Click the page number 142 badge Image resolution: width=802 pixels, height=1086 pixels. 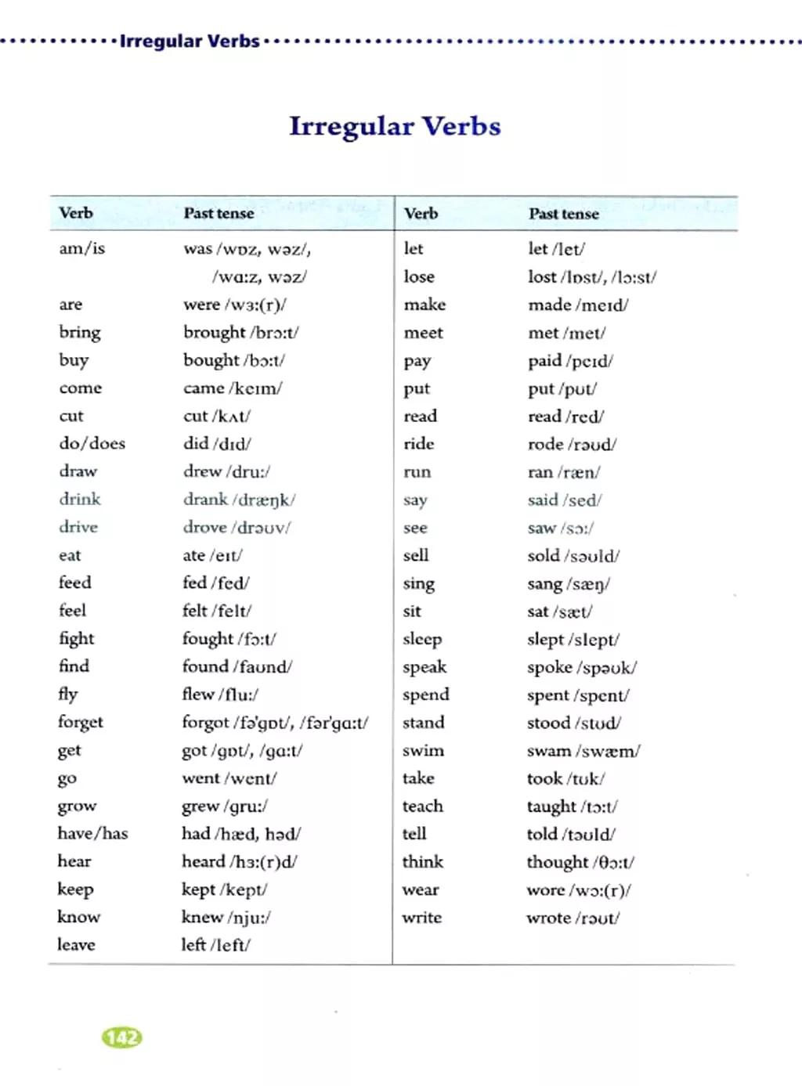click(122, 1037)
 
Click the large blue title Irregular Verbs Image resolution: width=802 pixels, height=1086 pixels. click(395, 127)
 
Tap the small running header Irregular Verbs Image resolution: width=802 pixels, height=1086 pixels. click(189, 41)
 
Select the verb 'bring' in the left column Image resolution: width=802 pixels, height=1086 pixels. click(80, 332)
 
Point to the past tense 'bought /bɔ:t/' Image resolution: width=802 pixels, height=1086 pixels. click(233, 360)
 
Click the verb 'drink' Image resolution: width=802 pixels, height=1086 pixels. click(80, 499)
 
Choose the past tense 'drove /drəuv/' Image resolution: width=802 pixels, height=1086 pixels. click(236, 527)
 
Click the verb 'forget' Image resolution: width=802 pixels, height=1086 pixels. click(81, 722)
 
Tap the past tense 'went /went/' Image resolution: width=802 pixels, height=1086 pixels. click(229, 778)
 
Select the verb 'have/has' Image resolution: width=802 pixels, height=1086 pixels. click(92, 833)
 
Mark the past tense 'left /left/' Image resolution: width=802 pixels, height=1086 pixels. click(215, 945)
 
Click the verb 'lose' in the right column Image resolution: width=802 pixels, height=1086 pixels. click(419, 276)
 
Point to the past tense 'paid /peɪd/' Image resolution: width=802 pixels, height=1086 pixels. click(569, 361)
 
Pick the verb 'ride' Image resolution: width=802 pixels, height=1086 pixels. click(419, 444)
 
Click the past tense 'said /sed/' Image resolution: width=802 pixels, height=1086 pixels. click(564, 500)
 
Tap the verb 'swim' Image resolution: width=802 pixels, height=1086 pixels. click(423, 750)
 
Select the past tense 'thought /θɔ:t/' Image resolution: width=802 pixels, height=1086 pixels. click(580, 862)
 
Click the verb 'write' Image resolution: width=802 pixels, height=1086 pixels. click(421, 917)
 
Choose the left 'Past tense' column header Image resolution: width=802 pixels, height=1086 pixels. click(219, 213)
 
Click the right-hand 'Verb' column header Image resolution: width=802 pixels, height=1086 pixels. click(421, 213)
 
